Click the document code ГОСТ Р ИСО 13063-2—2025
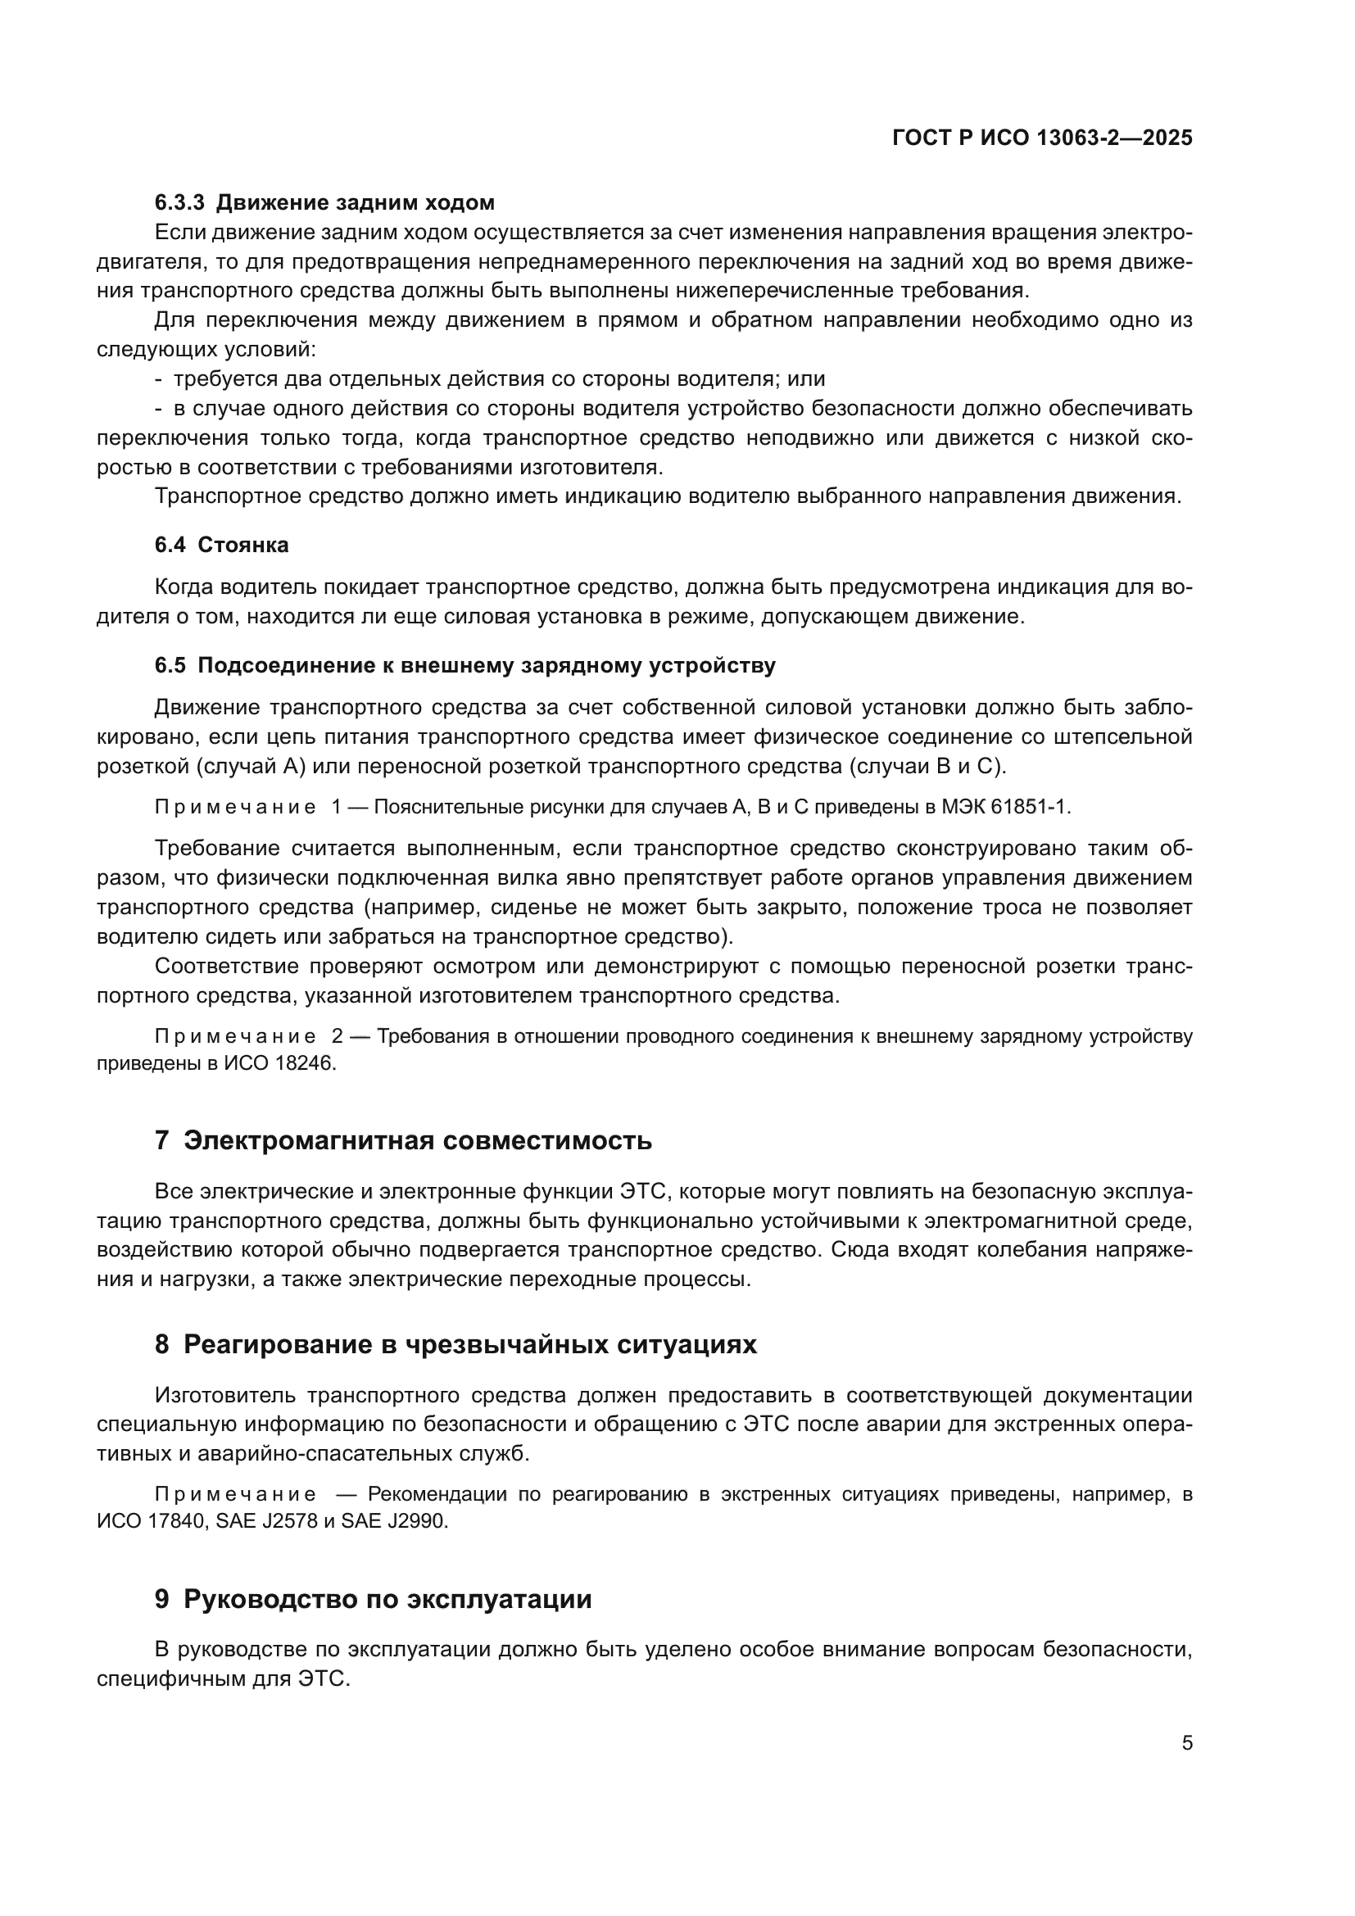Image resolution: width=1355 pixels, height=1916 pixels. click(x=1042, y=138)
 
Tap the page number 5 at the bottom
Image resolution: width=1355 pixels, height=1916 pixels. click(x=1186, y=1742)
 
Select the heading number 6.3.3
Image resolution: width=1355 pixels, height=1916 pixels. click(x=179, y=203)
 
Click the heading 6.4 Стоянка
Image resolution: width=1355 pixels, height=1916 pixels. click(x=221, y=545)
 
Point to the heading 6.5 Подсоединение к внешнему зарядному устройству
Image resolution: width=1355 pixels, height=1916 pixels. click(x=465, y=665)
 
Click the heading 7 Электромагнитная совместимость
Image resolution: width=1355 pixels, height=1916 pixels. click(x=403, y=1140)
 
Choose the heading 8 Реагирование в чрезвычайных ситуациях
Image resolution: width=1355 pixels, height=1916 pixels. click(x=455, y=1344)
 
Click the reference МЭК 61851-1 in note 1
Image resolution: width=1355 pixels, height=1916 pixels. click(x=1005, y=807)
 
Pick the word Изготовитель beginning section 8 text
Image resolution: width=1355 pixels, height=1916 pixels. click(x=224, y=1395)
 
